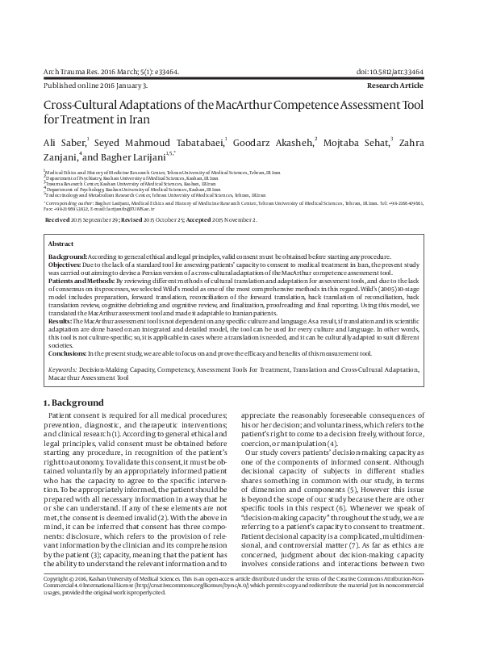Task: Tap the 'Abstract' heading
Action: pos(61,243)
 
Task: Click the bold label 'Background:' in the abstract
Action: pos(69,255)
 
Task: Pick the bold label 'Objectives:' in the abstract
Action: pos(67,264)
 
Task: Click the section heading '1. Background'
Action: pos(73,402)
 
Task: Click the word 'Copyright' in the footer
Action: pos(58,625)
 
